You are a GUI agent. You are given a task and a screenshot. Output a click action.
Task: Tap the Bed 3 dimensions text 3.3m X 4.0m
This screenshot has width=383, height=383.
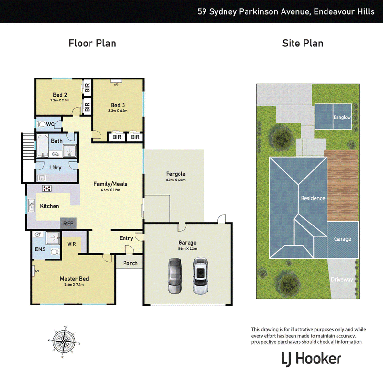[x=117, y=112]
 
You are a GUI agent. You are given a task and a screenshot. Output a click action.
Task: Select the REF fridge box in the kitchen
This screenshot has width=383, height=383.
[x=68, y=224]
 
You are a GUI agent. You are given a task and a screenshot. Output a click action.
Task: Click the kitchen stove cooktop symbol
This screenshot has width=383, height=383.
[x=46, y=188]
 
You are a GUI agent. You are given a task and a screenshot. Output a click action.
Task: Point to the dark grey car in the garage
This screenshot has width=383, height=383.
[x=175, y=276]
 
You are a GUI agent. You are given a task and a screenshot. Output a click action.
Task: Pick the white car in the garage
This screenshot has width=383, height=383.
[x=201, y=276]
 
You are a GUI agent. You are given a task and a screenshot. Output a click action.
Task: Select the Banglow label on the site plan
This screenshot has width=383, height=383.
[x=342, y=117]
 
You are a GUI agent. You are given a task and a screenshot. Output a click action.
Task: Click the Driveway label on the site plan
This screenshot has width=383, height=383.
[x=342, y=279]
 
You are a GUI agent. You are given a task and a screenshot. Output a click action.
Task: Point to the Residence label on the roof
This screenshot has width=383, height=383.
[x=313, y=198]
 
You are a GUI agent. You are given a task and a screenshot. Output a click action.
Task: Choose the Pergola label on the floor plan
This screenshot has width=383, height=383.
[x=176, y=174]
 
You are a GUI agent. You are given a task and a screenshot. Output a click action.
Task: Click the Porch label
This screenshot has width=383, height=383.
[x=130, y=263]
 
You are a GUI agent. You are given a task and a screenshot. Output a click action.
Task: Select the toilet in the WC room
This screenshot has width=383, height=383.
[x=43, y=124]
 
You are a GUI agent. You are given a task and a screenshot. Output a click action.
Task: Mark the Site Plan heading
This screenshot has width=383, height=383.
[x=303, y=44]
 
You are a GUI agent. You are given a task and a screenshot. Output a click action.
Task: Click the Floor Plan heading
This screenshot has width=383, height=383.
[x=92, y=44]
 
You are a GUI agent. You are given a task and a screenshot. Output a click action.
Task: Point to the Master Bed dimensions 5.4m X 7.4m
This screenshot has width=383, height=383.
[x=74, y=284]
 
